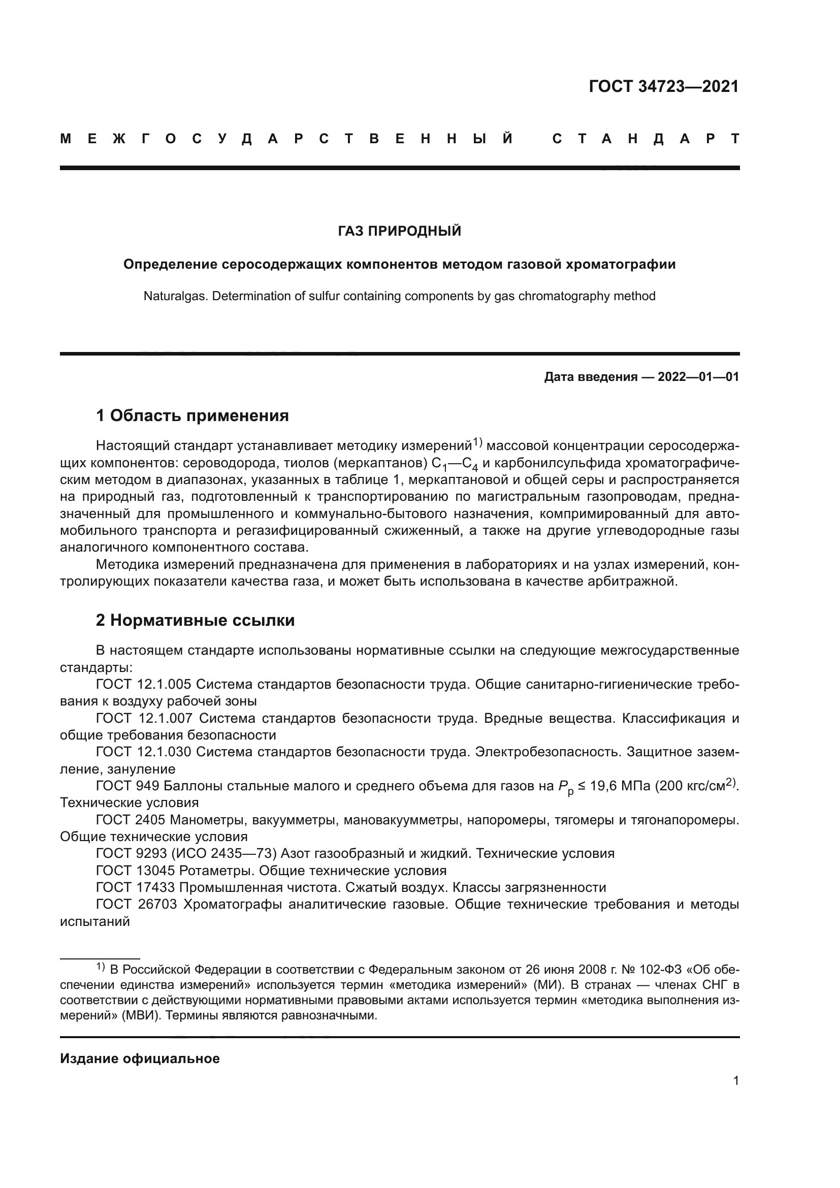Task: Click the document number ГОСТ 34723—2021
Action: pos(664,86)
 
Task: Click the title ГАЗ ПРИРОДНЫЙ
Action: pos(399,231)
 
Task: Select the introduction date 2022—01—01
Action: pos(698,377)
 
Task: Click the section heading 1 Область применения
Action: pos(192,415)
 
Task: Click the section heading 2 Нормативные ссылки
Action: pos(195,620)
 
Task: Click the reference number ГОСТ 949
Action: pos(129,786)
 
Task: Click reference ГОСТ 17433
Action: pos(135,887)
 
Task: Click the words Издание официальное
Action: pos(140,1058)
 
